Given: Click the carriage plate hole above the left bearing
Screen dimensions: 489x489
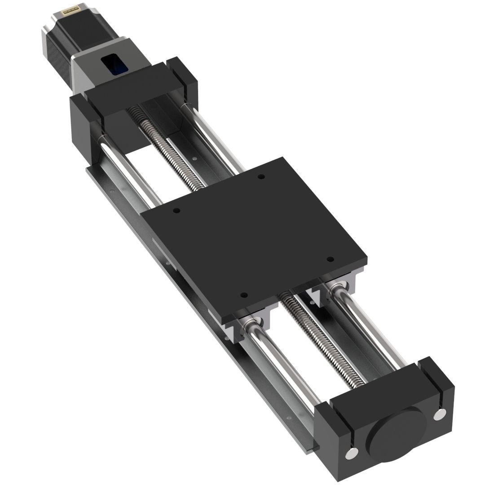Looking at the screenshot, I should [x=244, y=295].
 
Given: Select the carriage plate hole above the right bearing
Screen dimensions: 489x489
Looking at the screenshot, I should [x=330, y=260].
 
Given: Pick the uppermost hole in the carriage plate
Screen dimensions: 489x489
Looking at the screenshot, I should [x=261, y=177].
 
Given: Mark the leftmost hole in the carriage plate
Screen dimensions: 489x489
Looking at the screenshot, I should [x=176, y=211].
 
